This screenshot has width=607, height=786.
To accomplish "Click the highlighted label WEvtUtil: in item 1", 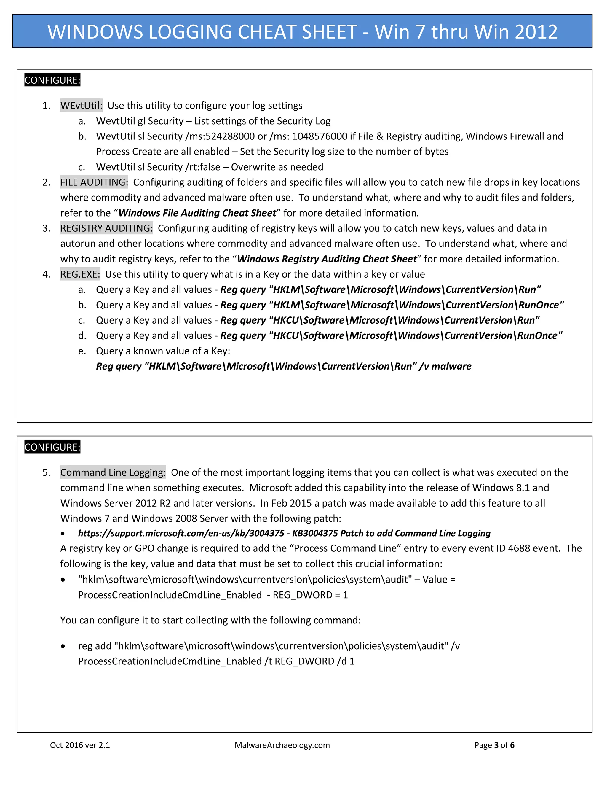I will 81,106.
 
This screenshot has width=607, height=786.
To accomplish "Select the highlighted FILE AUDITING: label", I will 94,182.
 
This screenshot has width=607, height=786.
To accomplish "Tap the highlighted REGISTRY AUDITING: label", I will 106,228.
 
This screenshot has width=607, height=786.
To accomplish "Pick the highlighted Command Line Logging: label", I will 113,472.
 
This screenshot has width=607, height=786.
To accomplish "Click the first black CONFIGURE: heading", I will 52,80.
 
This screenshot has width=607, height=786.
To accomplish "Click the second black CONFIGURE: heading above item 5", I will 52,447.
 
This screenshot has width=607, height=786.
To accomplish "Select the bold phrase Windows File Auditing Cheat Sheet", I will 197,213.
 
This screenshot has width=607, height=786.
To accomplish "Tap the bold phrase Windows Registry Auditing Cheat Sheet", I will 327,259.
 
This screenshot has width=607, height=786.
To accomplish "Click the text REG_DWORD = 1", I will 310,595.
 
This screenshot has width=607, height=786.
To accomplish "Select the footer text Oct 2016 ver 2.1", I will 80,745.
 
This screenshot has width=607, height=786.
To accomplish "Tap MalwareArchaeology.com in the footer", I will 282,745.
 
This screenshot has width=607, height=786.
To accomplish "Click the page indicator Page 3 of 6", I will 494,745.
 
